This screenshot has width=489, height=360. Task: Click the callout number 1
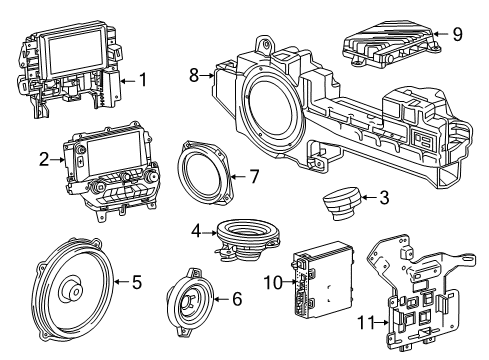coord(143,78)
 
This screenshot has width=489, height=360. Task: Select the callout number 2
coord(43,158)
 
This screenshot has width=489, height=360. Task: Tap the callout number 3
coord(385,198)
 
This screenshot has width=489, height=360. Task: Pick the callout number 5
coord(137,283)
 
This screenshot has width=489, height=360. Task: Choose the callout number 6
coord(236,298)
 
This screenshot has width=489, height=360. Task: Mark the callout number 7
coord(254,177)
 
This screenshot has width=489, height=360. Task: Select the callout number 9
coord(456,34)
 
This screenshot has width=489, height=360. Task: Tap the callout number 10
coord(273,283)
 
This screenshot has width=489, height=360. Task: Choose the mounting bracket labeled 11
coord(413,295)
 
